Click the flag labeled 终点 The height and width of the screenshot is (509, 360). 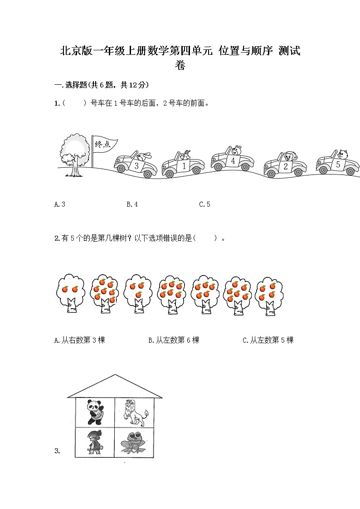point(103,144)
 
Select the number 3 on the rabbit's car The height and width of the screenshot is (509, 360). point(136,165)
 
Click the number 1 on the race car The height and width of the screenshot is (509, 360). point(184,166)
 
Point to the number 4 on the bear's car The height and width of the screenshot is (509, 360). point(233,160)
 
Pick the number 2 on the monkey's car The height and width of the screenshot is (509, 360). point(285,166)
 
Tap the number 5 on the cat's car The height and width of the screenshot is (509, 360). point(338,165)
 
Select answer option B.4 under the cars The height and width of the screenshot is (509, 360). point(132,204)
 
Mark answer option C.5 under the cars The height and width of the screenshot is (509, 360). point(204,204)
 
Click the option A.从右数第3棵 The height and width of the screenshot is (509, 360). point(79,340)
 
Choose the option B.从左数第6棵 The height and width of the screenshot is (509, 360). point(174,340)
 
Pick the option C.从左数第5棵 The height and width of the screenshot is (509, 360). point(268,340)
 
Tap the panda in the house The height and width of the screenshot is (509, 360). point(95,412)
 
